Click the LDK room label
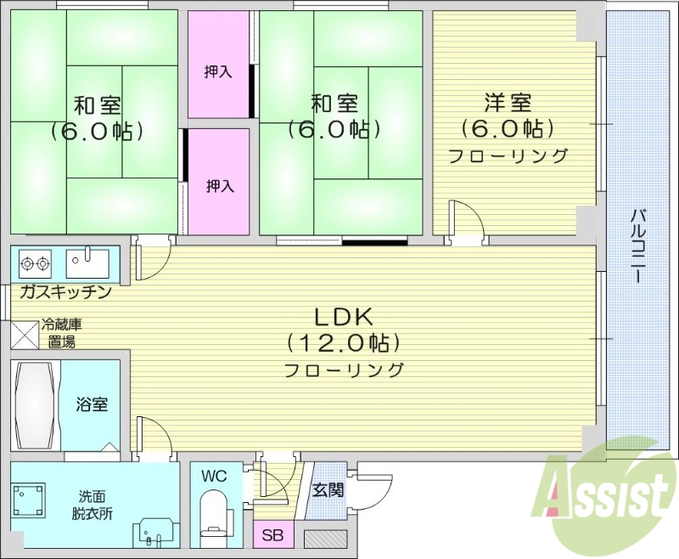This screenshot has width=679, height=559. tap(344, 318)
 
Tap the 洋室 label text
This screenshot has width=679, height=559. tap(508, 104)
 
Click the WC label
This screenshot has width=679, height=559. tap(213, 477)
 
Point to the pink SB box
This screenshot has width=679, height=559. tap(272, 536)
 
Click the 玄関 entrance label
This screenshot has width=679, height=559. tap(328, 490)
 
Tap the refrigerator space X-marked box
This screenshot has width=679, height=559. tap(24, 334)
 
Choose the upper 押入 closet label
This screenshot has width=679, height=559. tap(218, 71)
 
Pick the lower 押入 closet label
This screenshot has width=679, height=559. tap(220, 186)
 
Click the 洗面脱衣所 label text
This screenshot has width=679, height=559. tap(93, 505)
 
